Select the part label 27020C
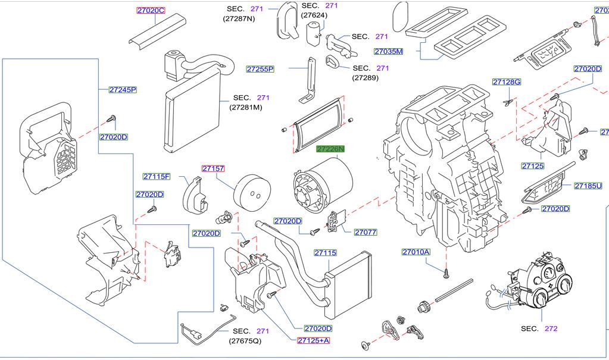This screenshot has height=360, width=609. pos(151,11)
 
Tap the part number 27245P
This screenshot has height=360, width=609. pos(123,90)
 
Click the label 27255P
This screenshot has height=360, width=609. pos(260,69)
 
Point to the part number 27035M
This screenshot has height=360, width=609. pos(389,51)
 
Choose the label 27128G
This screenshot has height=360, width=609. pos(507,82)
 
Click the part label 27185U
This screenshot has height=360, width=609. pos(588,186)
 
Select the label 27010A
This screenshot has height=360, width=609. pos(416,252)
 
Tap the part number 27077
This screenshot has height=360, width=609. pos(366,232)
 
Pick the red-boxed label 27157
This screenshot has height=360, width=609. pos(213,168)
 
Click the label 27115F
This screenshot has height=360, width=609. pos(157,176)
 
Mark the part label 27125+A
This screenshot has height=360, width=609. pos(313,340)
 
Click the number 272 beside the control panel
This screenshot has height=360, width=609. pos(551,328)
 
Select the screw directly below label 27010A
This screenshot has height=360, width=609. pos(446,273)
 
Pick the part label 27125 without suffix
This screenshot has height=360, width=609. pos(532,165)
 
